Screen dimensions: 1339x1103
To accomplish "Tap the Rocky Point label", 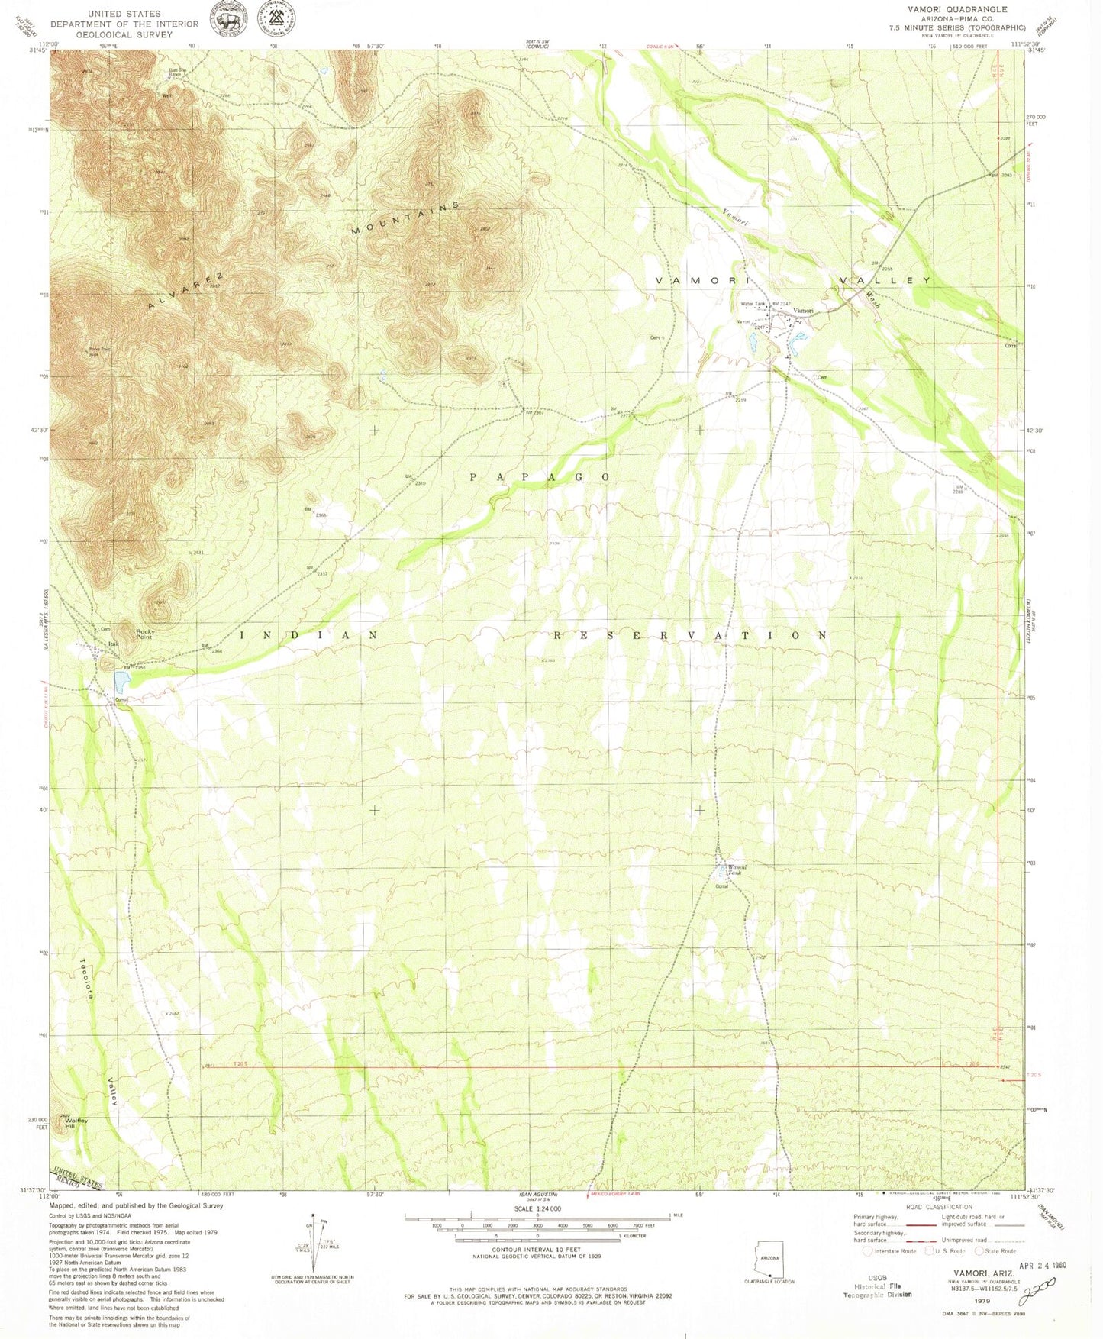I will coord(145,634).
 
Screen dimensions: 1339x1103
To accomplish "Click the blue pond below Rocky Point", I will coord(121,679).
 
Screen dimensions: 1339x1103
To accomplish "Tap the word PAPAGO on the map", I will coord(540,477).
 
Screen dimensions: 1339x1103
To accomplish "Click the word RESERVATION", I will coord(690,635).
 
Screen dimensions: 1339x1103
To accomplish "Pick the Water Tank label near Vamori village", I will coord(753,305).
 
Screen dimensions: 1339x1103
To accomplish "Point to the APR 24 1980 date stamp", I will coord(1031,1265).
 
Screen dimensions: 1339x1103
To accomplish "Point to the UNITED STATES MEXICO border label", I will coord(76,1179).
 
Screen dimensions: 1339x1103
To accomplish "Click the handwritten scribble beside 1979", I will coord(1034,1293).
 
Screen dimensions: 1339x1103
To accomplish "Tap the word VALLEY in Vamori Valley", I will coord(885,280).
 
